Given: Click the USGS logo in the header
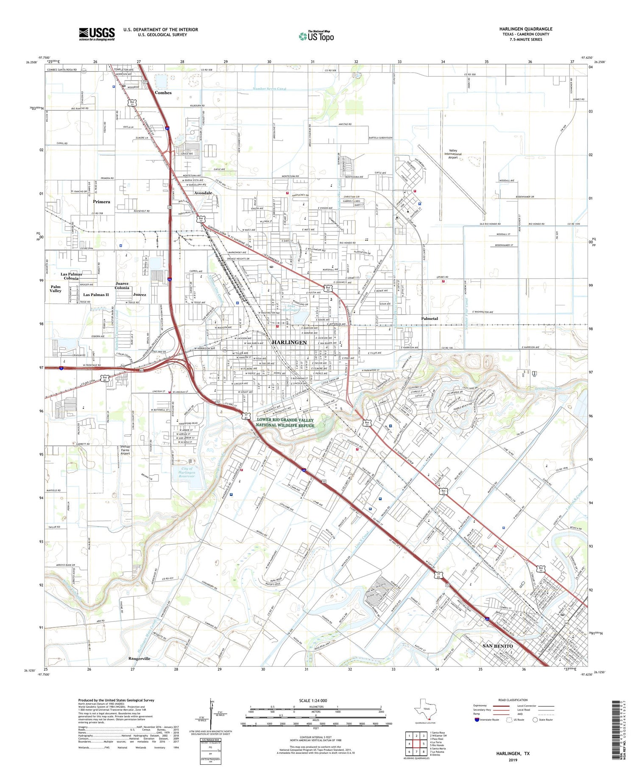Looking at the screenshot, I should click(96, 34).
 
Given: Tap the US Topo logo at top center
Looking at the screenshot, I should click(316, 36).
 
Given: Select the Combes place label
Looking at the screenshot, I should click(163, 92).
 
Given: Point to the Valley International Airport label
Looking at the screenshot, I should click(453, 154).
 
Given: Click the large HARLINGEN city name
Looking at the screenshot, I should click(289, 342).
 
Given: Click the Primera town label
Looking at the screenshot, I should click(101, 202).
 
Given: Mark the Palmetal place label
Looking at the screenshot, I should click(430, 319).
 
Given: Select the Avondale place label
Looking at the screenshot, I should click(203, 193).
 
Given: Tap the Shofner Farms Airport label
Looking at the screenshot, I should click(125, 450).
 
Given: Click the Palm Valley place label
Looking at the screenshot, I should click(55, 288).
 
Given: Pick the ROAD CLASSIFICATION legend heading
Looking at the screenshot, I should click(513, 700).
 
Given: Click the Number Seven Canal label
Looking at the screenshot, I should click(269, 89).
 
